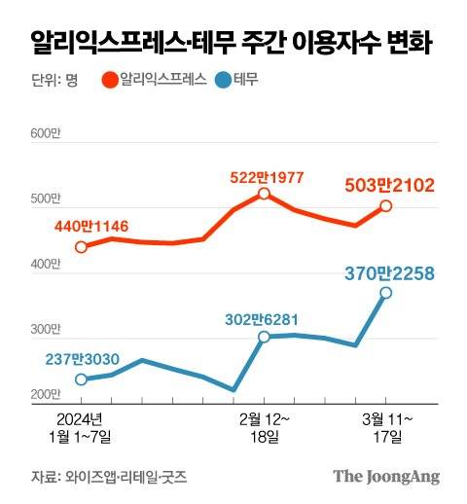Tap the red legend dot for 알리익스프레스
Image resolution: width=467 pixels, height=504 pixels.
click(x=110, y=81)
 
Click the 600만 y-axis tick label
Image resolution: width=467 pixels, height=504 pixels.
click(x=46, y=133)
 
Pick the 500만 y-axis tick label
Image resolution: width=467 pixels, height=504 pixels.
click(x=46, y=199)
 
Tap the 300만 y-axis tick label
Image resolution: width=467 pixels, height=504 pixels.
click(x=46, y=332)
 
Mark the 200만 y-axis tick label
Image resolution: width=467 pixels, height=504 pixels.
click(x=46, y=393)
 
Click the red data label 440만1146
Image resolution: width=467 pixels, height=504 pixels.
click(x=90, y=228)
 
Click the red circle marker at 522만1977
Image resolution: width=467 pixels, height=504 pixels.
click(x=265, y=195)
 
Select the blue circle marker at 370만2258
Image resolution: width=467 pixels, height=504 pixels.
click(x=386, y=293)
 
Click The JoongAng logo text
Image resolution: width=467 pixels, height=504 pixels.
click(x=386, y=477)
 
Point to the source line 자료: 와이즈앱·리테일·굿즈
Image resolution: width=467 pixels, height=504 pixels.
click(x=108, y=477)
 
